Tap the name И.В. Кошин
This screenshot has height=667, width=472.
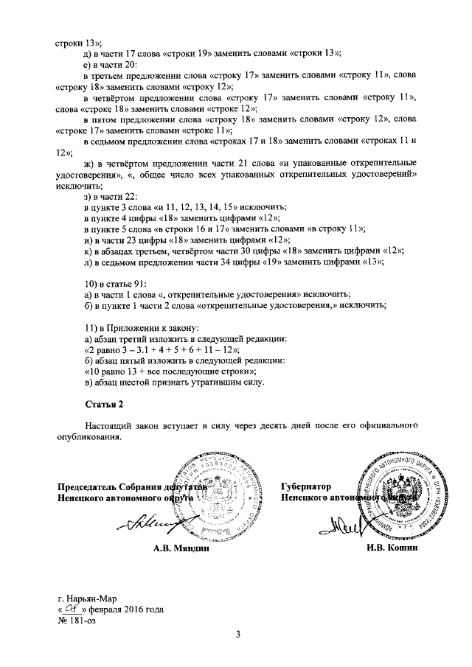[392, 548]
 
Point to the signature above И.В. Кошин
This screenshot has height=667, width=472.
[343, 525]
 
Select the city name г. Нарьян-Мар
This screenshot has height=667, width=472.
[88, 598]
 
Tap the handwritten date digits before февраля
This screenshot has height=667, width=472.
[71, 610]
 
